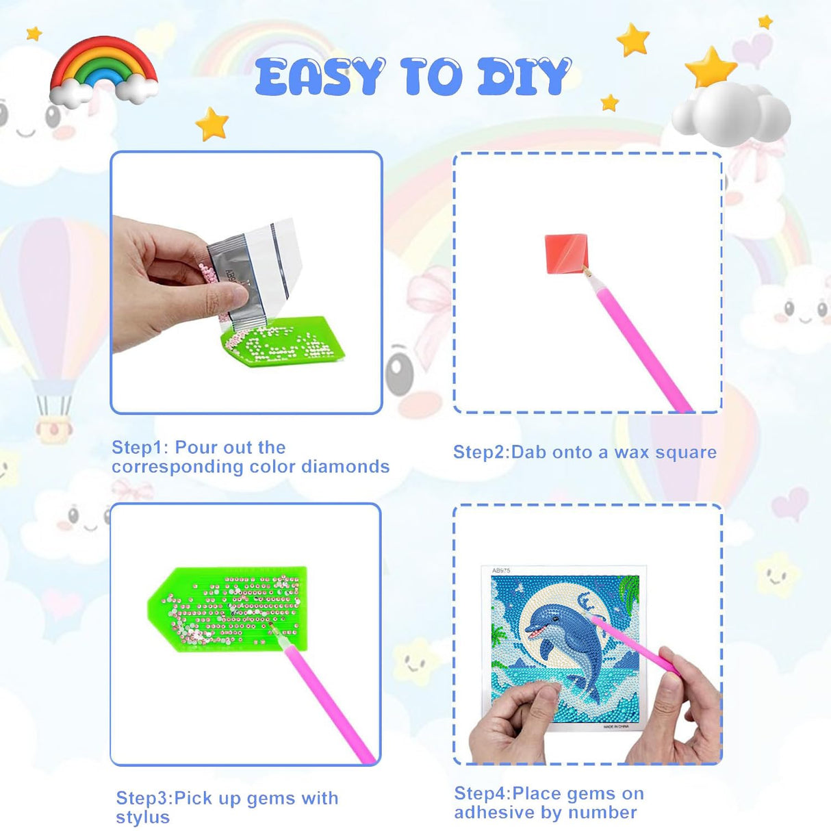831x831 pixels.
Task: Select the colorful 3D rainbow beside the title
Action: (x=104, y=71)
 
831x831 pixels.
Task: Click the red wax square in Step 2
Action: (x=565, y=252)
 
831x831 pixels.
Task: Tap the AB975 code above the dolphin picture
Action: (x=501, y=570)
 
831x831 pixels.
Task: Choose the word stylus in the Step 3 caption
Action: (x=142, y=817)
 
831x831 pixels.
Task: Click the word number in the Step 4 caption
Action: (x=606, y=813)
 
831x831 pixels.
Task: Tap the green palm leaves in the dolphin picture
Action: (x=629, y=589)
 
